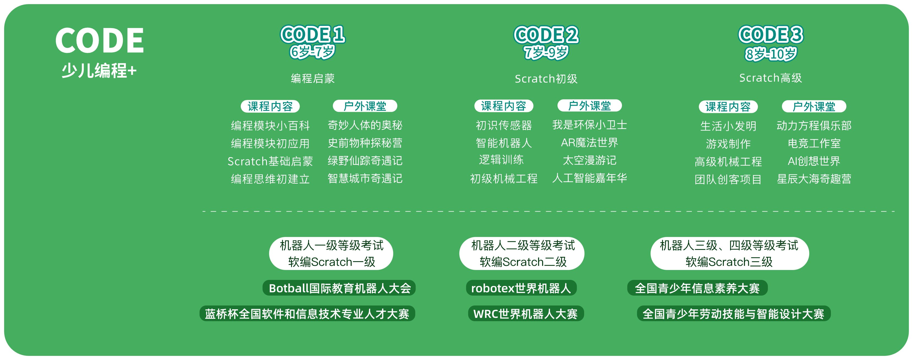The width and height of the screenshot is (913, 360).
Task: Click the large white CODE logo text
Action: coord(100,40)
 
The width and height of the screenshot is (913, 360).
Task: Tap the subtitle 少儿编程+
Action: coord(99,70)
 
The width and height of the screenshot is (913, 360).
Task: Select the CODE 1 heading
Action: coord(313,34)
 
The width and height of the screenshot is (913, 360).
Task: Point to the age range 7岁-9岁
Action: coord(546,53)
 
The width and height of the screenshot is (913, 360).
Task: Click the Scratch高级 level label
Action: coord(771,78)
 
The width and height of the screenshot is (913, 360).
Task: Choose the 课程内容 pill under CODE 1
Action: coord(270,106)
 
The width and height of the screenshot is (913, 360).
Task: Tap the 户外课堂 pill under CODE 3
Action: coord(814,106)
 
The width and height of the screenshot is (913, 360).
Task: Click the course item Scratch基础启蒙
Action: coord(270,161)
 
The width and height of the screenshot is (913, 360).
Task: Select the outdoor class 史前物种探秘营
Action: coord(365,143)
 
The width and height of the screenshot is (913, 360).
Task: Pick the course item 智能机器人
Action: coord(504,143)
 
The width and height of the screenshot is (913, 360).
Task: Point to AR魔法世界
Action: coord(589,143)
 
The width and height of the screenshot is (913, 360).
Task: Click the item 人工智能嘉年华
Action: coord(589,178)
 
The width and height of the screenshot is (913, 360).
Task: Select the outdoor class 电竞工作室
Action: coord(814,143)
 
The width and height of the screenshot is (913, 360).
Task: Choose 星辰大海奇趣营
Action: coord(814,179)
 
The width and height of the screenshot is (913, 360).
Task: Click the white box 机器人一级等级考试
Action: coord(331,253)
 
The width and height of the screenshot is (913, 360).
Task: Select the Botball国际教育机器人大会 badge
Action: coord(339,288)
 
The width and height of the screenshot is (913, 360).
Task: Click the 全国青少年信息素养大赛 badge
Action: coord(697,288)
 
